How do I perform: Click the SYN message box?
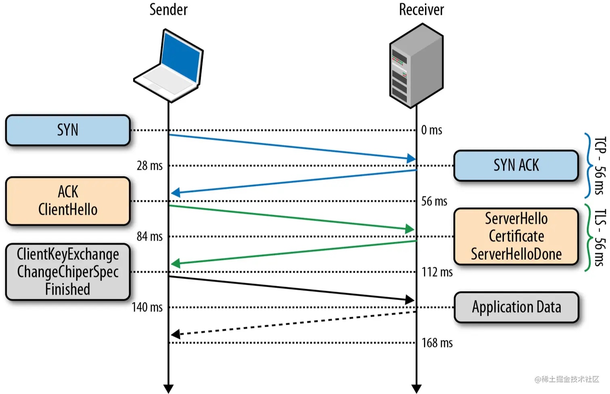pos(68,130)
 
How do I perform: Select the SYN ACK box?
pos(516,165)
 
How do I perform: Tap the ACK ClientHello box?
pos(68,201)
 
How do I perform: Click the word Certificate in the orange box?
pos(516,236)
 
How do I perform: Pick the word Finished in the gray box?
pos(68,289)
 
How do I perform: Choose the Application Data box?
pos(516,307)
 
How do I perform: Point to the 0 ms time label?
pos(432,130)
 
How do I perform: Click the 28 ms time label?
pos(150,166)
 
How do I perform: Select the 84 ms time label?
pos(150,236)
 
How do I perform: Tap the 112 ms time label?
pos(437,272)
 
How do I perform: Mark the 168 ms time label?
pos(437,343)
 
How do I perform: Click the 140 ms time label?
pos(147,307)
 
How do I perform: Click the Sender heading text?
pos(168,10)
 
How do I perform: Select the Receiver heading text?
pos(421,10)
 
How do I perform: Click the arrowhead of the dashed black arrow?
pos(175,334)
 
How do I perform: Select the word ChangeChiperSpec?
pos(68,272)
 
